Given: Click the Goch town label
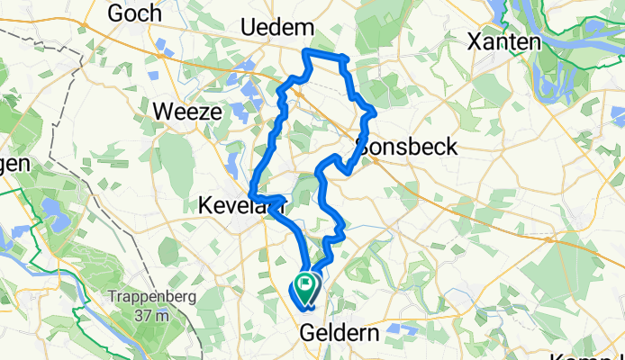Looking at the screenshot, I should (134, 13).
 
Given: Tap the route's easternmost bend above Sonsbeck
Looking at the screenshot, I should (374, 111).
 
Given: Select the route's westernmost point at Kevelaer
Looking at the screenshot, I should (250, 196).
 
